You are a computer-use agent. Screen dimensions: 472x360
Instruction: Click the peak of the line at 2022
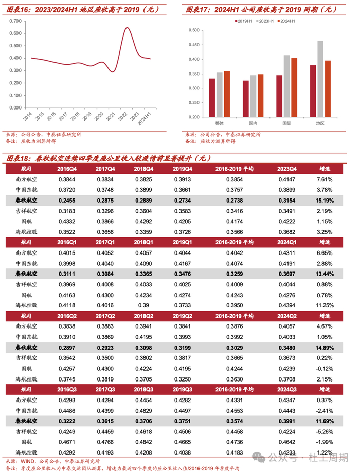[x=127, y=28]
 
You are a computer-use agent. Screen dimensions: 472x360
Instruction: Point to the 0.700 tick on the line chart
[x=15, y=21]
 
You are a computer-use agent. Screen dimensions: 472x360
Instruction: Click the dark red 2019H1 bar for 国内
[x=246, y=99]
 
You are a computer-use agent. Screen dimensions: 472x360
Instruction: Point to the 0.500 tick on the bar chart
[x=194, y=30]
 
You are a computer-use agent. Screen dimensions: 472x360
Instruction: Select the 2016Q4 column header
[x=67, y=169]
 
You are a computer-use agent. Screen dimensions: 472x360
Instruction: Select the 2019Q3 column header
[x=183, y=389]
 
